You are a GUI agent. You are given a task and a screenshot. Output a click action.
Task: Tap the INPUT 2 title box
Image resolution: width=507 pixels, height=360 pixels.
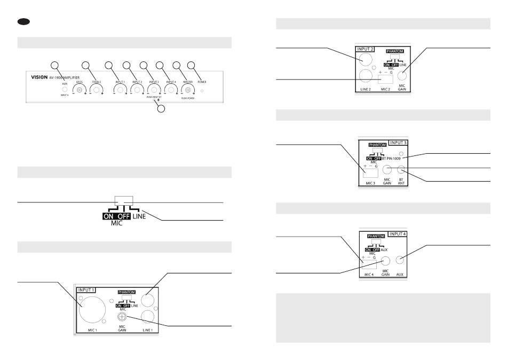pos(367,49)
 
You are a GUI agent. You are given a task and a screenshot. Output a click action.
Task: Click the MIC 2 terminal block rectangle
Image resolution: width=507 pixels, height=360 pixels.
pos(386,79)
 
